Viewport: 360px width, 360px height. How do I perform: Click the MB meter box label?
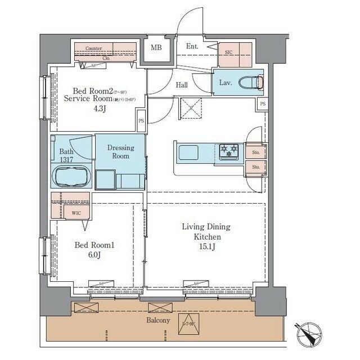[156, 47]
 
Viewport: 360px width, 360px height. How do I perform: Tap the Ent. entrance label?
[192, 47]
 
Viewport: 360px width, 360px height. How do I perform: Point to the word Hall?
[181, 85]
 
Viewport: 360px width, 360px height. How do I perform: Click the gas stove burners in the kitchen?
[229, 150]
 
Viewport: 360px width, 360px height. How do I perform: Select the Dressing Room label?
[120, 152]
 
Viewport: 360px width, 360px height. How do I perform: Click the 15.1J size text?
[206, 247]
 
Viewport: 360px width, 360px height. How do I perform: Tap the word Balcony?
[159, 320]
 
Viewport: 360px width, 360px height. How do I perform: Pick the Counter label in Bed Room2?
[94, 49]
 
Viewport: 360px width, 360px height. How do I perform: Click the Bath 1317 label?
[67, 155]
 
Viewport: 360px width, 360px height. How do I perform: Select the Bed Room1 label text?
[95, 245]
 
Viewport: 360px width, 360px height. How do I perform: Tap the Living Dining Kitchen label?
[206, 232]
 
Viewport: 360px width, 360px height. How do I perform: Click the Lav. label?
[226, 83]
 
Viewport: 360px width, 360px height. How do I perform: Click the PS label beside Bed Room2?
[141, 120]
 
